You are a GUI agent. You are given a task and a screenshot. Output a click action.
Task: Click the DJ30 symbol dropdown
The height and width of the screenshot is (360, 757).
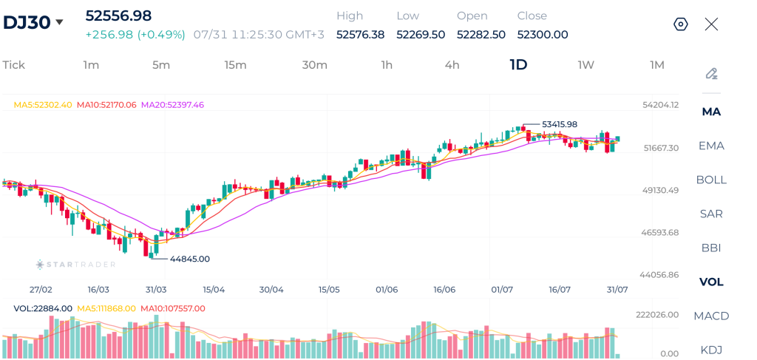33,22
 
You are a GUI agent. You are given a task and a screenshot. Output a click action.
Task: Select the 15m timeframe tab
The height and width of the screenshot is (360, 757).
235,64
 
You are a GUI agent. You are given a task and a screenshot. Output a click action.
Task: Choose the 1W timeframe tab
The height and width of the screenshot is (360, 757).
585,64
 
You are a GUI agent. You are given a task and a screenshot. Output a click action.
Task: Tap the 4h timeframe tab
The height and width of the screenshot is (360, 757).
452,64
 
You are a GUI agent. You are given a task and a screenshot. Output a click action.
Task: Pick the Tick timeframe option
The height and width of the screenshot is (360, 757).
13,64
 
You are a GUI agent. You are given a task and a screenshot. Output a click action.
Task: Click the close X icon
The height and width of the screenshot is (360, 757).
711,24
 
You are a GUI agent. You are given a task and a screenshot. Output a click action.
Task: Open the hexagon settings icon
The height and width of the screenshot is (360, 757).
681,24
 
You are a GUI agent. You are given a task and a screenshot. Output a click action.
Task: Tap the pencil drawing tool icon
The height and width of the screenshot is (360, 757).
711,74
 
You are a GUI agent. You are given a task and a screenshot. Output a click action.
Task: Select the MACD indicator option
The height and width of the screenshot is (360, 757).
711,316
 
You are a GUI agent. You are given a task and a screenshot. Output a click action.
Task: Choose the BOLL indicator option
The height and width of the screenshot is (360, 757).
711,180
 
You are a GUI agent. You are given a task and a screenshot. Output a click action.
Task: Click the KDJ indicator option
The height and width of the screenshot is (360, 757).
711,350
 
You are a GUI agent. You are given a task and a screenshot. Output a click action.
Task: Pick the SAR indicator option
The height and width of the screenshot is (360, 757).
711,214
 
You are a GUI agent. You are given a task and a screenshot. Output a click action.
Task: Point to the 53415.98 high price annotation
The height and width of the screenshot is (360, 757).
560,124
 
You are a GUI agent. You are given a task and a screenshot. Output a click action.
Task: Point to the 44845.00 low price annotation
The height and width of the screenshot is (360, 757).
190,259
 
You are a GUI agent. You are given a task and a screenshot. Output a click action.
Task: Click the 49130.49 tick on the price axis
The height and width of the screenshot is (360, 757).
660,190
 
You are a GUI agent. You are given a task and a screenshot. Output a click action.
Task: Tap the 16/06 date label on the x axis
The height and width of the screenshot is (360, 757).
444,290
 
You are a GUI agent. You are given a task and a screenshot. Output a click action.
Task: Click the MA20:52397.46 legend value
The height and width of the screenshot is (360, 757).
172,104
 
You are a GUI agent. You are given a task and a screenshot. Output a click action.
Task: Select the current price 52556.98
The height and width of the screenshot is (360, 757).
118,16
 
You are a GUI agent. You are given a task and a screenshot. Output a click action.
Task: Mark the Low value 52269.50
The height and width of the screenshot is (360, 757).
421,35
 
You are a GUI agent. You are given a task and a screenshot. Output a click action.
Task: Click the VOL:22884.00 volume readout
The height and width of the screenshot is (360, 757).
43,308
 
